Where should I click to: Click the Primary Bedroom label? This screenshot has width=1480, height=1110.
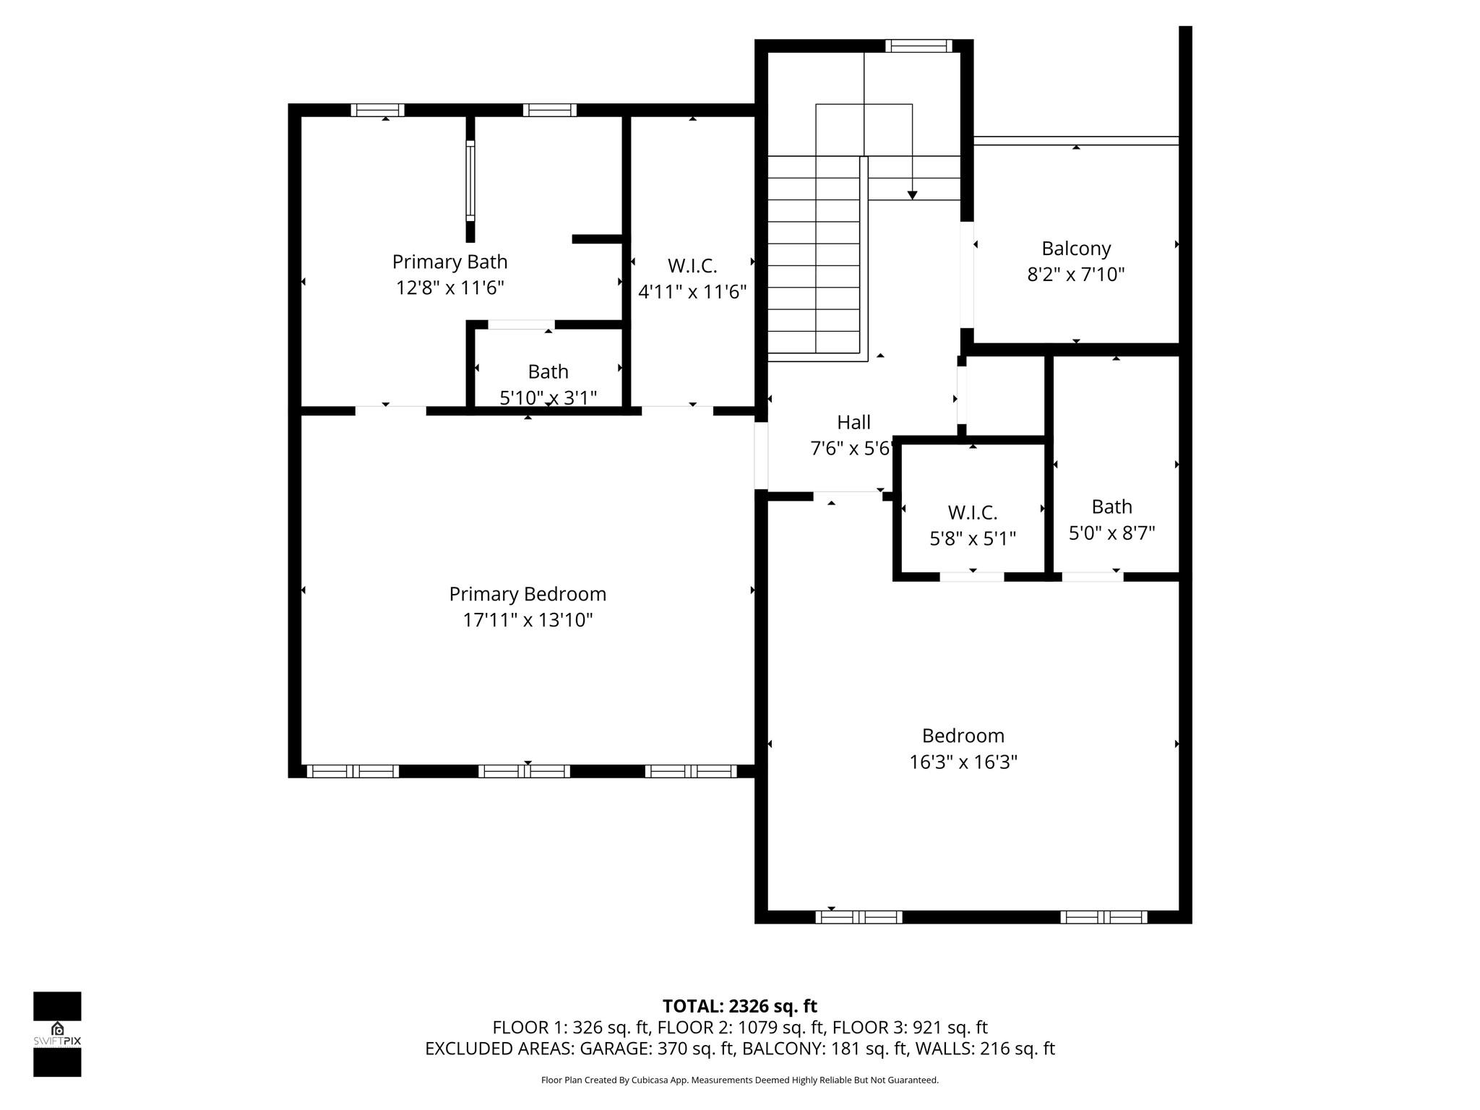528,594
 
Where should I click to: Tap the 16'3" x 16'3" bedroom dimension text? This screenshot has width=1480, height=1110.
963,762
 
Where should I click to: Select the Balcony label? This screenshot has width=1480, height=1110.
1076,249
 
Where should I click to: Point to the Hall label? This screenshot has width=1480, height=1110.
853,422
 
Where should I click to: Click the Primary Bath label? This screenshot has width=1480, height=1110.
449,262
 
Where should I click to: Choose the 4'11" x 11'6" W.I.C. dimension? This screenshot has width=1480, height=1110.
692,292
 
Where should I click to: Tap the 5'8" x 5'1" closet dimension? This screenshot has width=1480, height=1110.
972,538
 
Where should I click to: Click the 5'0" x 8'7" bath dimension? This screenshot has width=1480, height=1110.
1111,533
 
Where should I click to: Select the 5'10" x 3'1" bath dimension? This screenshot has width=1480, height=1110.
548,397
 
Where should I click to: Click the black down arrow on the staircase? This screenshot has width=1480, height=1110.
912,195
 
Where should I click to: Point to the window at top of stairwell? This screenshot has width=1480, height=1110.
918,46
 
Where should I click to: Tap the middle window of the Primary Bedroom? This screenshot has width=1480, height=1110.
524,771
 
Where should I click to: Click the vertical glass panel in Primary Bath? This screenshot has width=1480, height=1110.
470,181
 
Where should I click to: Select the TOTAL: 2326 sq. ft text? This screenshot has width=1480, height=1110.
739,1006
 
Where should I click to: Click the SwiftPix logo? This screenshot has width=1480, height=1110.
57,1033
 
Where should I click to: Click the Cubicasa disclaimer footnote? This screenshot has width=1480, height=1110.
739,1080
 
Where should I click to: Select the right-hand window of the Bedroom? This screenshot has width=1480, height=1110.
1103,917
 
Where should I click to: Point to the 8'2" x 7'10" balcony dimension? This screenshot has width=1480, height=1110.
1076,275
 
